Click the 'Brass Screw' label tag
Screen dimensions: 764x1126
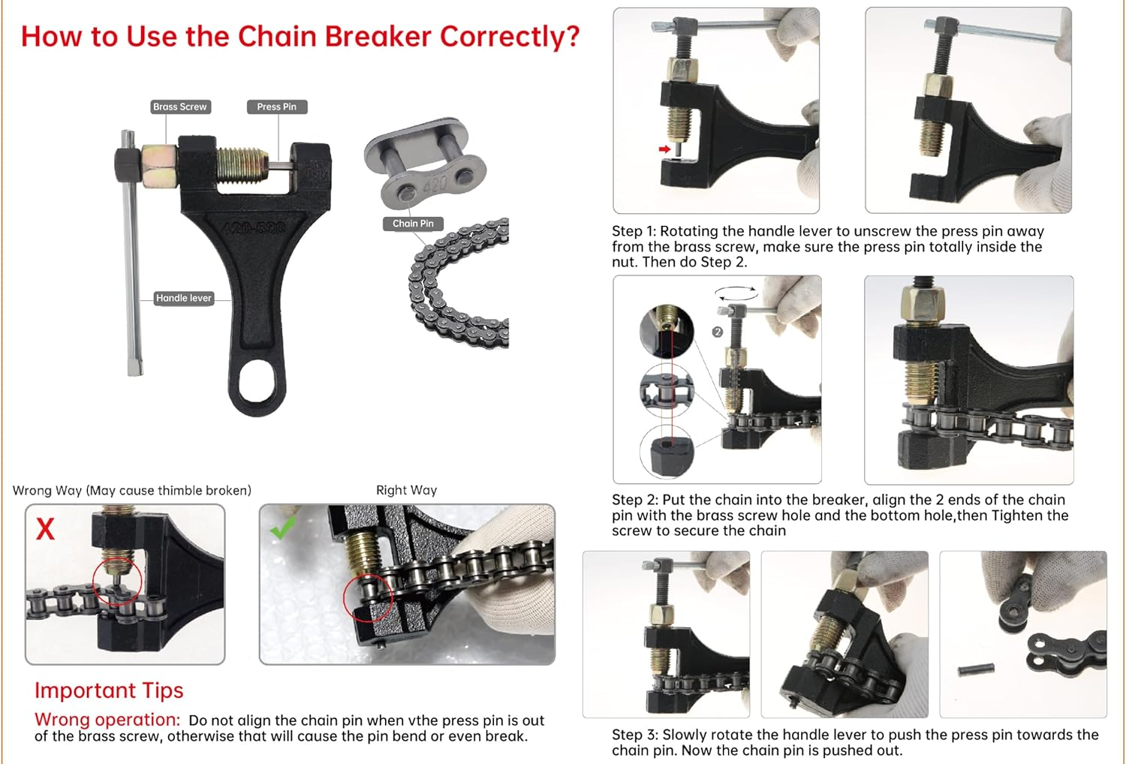pyautogui.click(x=179, y=107)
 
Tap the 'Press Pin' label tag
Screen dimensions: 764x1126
pyautogui.click(x=276, y=107)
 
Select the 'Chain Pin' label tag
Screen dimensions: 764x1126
pyautogui.click(x=413, y=223)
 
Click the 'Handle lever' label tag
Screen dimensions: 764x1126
pyautogui.click(x=184, y=298)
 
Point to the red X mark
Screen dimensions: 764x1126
pyautogui.click(x=45, y=528)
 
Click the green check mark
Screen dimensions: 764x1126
pyautogui.click(x=283, y=528)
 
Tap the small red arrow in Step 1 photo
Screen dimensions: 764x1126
pyautogui.click(x=664, y=149)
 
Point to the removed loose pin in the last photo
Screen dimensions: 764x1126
pyautogui.click(x=977, y=668)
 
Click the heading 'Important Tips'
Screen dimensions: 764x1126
pyautogui.click(x=109, y=690)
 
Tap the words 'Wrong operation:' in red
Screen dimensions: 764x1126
pyautogui.click(x=107, y=720)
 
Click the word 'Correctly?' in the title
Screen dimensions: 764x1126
pyautogui.click(x=510, y=36)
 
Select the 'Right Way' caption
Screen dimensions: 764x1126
pyautogui.click(x=406, y=490)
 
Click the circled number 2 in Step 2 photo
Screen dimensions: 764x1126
pyautogui.click(x=718, y=332)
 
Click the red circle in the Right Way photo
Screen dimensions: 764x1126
pyautogui.click(x=368, y=598)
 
